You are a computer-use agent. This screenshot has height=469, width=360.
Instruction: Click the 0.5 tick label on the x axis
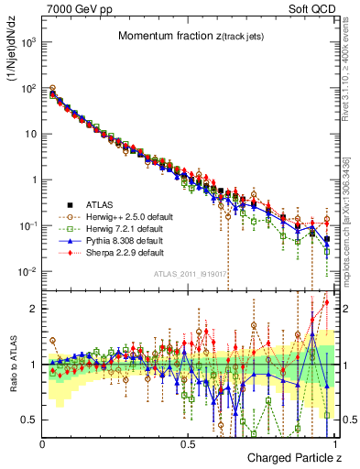[x=189, y=442]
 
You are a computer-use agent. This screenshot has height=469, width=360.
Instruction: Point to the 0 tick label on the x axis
[x=43, y=442]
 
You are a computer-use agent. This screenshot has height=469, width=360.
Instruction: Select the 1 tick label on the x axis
[x=333, y=442]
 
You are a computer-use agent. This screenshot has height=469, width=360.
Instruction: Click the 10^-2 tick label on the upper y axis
[x=27, y=272]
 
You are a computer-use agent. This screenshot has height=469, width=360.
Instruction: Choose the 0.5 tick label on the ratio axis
[x=30, y=420]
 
